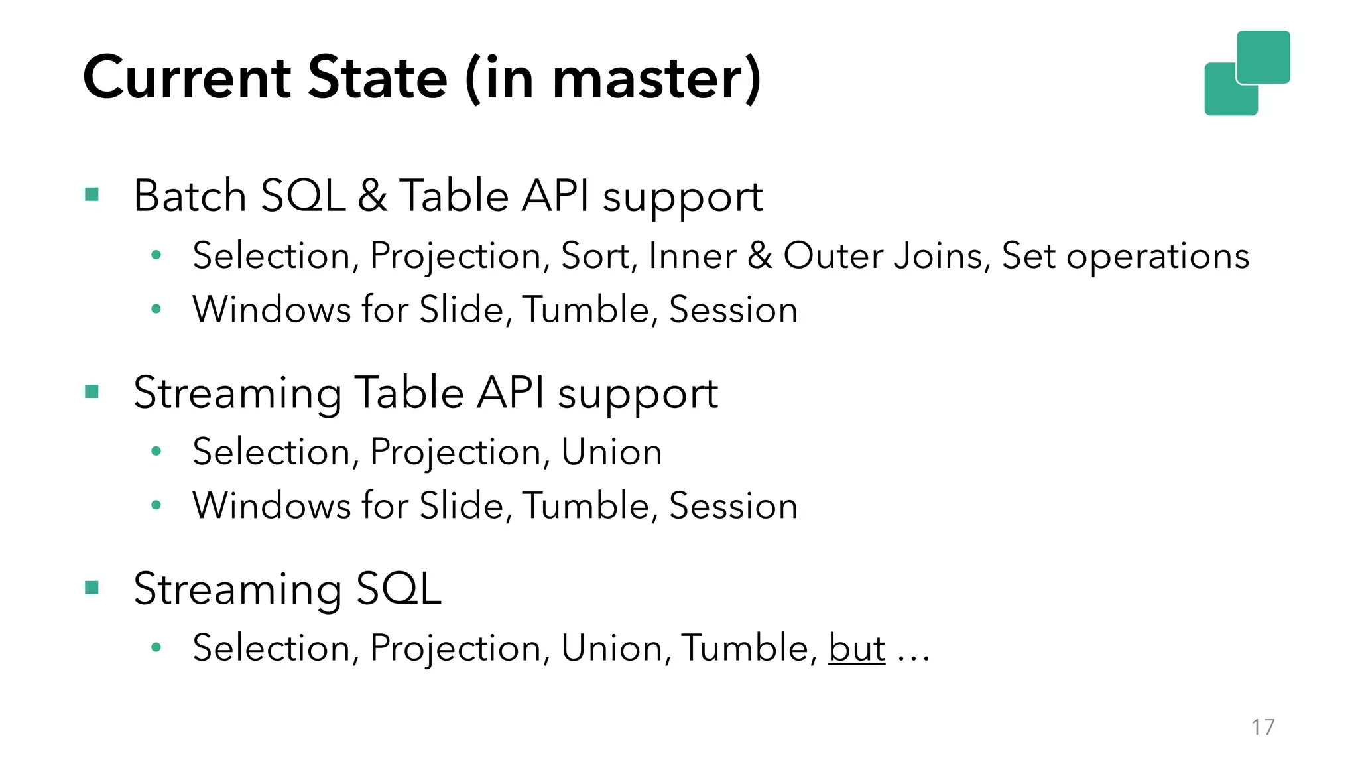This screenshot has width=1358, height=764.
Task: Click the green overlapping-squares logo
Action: click(1247, 73)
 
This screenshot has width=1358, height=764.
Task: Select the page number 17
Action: click(1263, 727)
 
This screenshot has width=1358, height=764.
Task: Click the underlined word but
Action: click(856, 648)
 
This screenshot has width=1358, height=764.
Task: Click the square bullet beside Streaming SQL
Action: click(92, 588)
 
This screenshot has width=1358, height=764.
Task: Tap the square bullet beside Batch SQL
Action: click(92, 194)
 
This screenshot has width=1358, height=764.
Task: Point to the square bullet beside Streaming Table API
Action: click(92, 391)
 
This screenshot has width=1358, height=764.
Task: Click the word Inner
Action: click(692, 256)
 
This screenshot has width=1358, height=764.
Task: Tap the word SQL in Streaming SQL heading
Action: click(399, 588)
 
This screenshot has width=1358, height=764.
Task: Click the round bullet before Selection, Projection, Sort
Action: click(156, 255)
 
